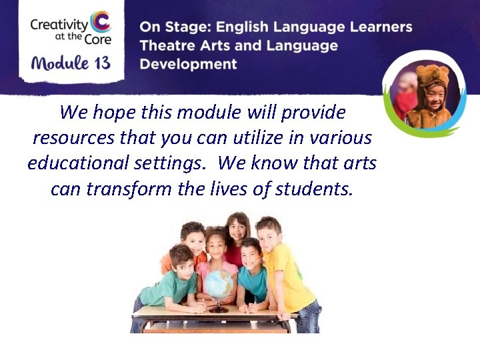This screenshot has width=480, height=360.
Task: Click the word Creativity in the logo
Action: [59, 25]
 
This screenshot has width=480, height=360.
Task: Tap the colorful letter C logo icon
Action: [100, 21]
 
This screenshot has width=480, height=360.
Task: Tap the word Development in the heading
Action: [188, 64]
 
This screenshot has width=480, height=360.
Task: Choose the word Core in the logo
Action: [97, 39]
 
